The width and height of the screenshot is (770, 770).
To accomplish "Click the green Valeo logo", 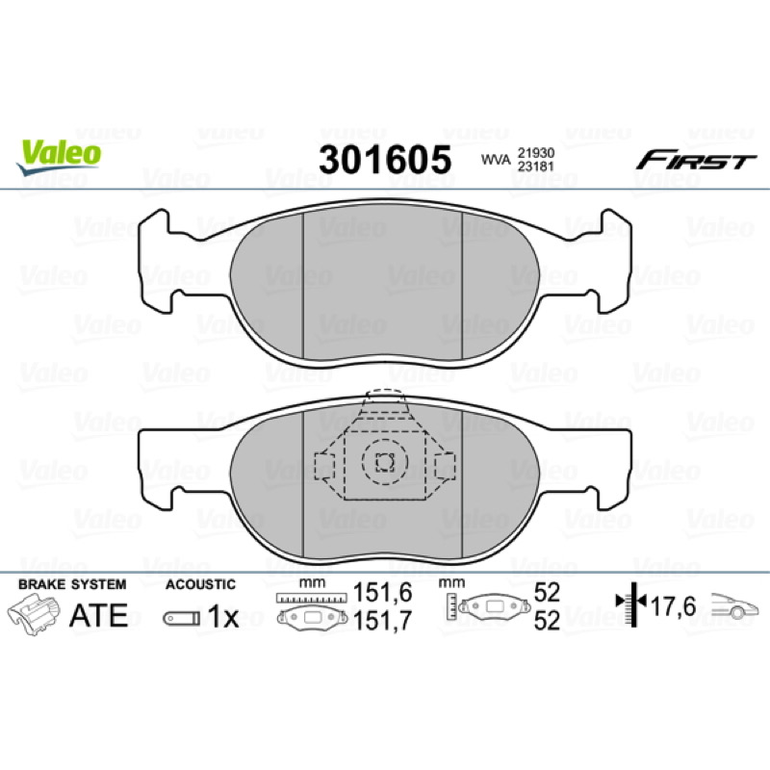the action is [59, 156].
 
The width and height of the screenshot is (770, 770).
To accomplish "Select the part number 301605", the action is [385, 160].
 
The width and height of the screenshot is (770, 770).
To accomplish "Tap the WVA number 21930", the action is [536, 153].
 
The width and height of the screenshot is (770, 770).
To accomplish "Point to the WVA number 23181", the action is [536, 167].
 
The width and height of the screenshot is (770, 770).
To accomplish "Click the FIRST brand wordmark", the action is [696, 160].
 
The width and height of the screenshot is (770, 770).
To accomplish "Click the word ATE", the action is [99, 615].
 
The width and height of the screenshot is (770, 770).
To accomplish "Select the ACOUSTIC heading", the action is [200, 584].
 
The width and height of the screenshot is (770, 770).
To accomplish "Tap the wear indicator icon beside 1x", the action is [182, 618].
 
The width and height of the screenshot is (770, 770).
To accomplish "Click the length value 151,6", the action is [382, 593].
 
